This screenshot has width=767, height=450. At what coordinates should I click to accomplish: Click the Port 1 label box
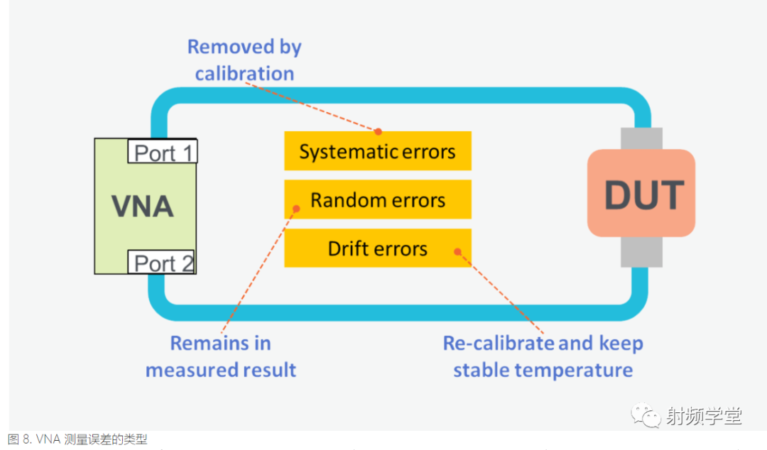(x=163, y=153)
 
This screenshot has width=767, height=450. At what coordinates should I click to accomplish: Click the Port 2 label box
(x=163, y=263)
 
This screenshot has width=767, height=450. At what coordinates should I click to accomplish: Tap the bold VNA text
(x=142, y=207)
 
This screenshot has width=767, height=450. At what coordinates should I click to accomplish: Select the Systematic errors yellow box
(x=377, y=151)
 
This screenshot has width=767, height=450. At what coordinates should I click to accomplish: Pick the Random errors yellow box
(x=377, y=200)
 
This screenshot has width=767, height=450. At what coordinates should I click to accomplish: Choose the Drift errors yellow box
(x=377, y=248)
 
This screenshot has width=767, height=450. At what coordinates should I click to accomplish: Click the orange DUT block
(x=641, y=194)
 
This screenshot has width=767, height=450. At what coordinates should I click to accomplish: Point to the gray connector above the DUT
(x=641, y=138)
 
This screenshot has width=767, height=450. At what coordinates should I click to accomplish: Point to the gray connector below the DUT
(x=641, y=252)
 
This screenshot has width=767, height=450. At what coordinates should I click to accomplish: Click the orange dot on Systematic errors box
(x=379, y=131)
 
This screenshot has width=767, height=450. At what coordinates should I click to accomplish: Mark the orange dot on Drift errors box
(x=457, y=251)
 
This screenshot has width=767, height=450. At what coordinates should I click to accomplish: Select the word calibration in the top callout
(x=244, y=74)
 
